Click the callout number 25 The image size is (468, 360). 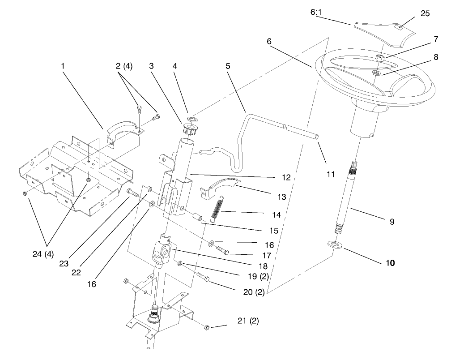[x=425, y=13]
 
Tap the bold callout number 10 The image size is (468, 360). [x=390, y=263]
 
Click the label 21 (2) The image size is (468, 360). [x=248, y=321]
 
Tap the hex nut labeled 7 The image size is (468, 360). [x=379, y=58]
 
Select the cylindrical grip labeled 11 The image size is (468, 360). [x=303, y=133]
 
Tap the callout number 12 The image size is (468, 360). [x=286, y=178]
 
